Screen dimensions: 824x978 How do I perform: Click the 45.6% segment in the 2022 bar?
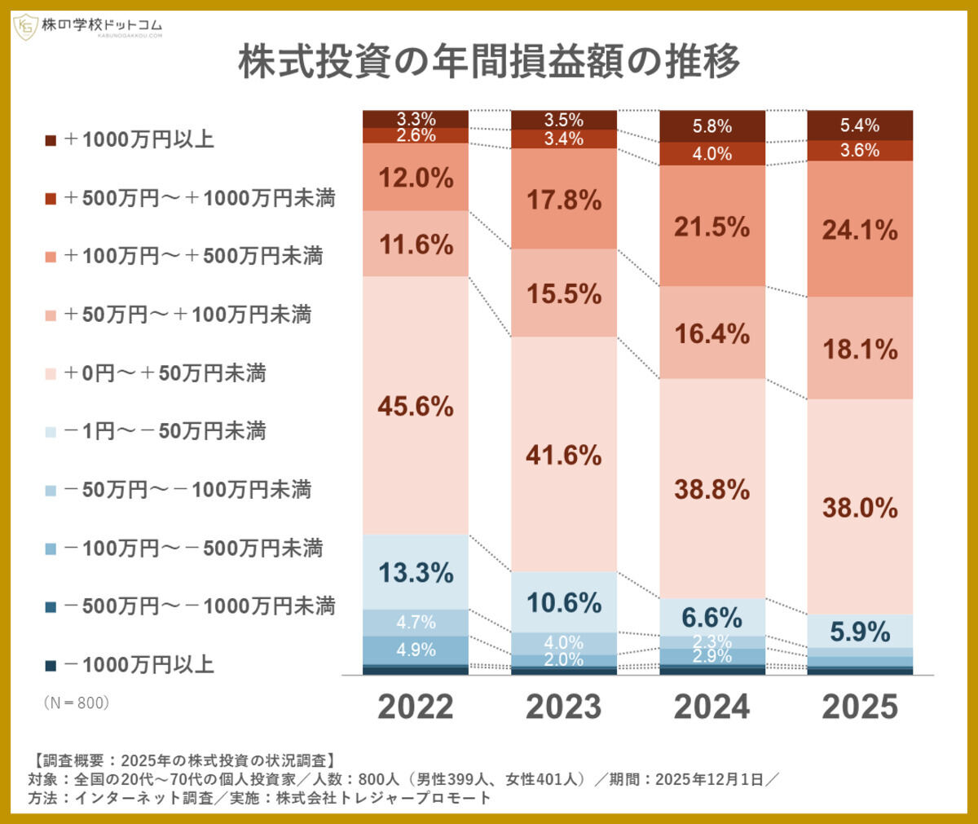point(416,406)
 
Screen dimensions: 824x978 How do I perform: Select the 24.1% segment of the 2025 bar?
point(860,230)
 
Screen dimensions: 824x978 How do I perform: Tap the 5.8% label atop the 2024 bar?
point(711,126)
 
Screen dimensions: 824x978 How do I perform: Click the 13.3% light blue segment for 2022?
point(416,573)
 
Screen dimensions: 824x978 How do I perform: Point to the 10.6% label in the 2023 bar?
point(564,603)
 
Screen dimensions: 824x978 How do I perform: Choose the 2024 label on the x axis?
point(711,707)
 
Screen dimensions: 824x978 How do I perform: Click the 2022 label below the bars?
point(416,707)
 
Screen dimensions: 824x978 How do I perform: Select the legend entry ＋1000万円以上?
point(130,139)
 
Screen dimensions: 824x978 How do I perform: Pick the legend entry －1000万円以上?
point(130,665)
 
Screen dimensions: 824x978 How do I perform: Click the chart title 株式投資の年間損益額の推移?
point(489,62)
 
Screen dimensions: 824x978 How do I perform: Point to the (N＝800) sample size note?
point(76,703)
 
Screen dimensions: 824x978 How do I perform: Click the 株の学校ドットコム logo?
point(88,28)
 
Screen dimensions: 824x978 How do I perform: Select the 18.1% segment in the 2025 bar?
point(860,350)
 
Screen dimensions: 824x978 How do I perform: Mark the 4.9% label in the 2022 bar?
point(416,650)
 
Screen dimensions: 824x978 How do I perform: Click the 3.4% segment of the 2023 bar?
point(564,139)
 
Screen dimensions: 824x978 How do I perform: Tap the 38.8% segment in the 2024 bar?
point(711,489)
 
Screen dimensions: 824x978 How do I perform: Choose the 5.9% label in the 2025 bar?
point(860,632)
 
